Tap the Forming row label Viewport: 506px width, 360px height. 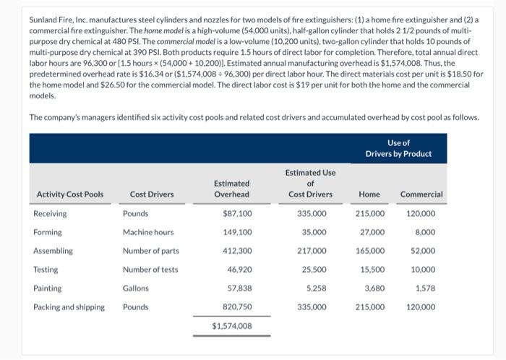coord(48,232)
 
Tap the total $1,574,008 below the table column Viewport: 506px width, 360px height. coord(232,326)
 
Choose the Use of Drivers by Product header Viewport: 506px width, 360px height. coord(398,148)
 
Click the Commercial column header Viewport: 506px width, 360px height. coord(421,194)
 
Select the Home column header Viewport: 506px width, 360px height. coord(369,194)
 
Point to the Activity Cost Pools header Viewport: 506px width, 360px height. coord(69,194)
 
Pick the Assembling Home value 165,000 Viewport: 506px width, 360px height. coord(370,251)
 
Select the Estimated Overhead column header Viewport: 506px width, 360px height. coord(231,189)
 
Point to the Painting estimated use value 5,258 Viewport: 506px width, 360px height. coord(317,288)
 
